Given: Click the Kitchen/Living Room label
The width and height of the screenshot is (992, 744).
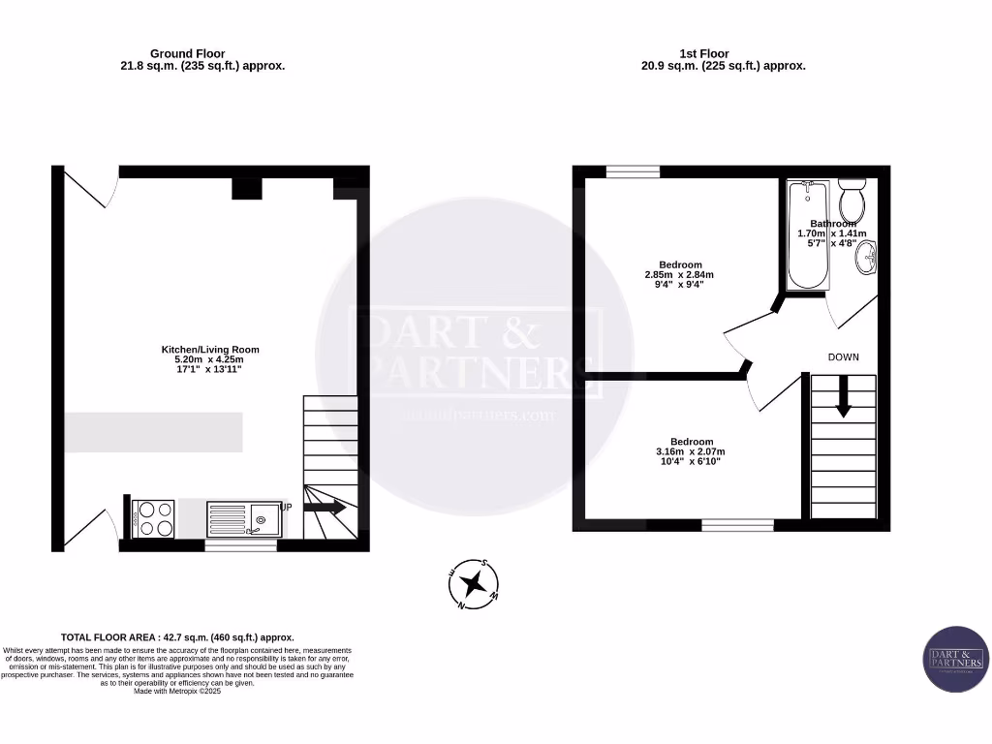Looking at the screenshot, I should click(210, 350).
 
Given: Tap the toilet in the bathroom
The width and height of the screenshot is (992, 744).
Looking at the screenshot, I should click(852, 201).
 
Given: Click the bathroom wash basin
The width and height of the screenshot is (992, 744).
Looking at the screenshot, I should click(870, 259).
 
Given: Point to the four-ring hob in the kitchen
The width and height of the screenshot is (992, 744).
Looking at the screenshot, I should click(152, 517).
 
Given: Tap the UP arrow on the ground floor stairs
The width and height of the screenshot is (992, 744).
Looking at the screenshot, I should click(325, 507).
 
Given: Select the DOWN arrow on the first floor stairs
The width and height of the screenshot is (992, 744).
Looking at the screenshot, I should click(843, 396).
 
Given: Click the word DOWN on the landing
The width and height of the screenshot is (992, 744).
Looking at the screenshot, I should click(843, 357).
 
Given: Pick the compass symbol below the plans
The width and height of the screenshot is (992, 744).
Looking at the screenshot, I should click(474, 583).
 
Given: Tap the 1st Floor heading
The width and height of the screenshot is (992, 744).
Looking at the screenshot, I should click(704, 53).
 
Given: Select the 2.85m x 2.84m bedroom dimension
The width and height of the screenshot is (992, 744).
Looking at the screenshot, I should click(679, 275).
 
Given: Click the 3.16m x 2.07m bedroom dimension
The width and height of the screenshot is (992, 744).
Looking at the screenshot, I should click(690, 451).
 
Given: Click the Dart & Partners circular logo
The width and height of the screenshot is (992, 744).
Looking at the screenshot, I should click(955, 659).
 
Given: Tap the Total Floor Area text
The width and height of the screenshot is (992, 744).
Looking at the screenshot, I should click(177, 637).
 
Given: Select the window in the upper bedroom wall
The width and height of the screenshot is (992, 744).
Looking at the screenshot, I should click(633, 171).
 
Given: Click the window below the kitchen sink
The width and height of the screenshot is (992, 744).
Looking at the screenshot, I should click(240, 545).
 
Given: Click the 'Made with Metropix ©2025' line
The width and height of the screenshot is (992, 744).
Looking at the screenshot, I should click(177, 691).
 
